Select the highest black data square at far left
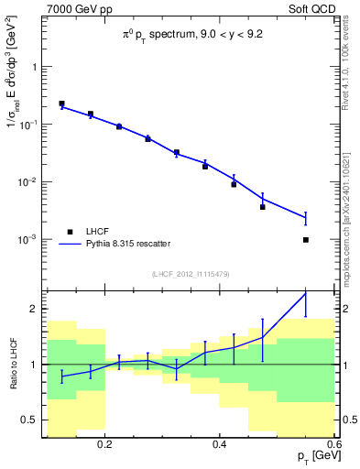pyautogui.click(x=61, y=104)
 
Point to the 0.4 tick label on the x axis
pyautogui.click(x=220, y=444)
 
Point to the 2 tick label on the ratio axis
pyautogui.click(x=35, y=309)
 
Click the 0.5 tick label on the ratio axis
pyautogui.click(x=30, y=420)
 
